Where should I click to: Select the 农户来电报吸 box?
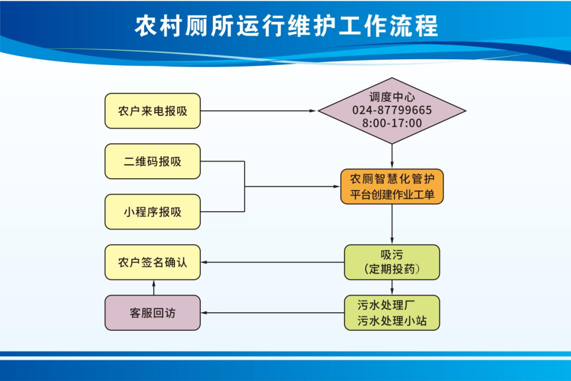coord(152,111)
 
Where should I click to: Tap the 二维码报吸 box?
coord(152,161)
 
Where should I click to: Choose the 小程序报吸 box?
coord(152,212)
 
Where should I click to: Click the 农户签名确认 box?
coord(152,262)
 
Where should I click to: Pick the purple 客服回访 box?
coord(152,313)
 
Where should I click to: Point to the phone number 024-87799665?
coord(392,111)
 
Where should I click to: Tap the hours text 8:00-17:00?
coord(392,124)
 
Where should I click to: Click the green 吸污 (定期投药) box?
coord(392,262)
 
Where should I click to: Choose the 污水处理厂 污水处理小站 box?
coord(392,313)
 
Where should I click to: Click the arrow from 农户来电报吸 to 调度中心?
coord(259,111)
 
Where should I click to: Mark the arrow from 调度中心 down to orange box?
coord(392,156)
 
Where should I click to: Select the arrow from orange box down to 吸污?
coord(392,224)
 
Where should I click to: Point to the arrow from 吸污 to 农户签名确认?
coord(272,262)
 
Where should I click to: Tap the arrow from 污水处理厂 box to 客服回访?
coord(272,313)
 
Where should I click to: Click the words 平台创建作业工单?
coord(392,194)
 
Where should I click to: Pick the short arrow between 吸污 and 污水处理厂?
coord(392,287)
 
